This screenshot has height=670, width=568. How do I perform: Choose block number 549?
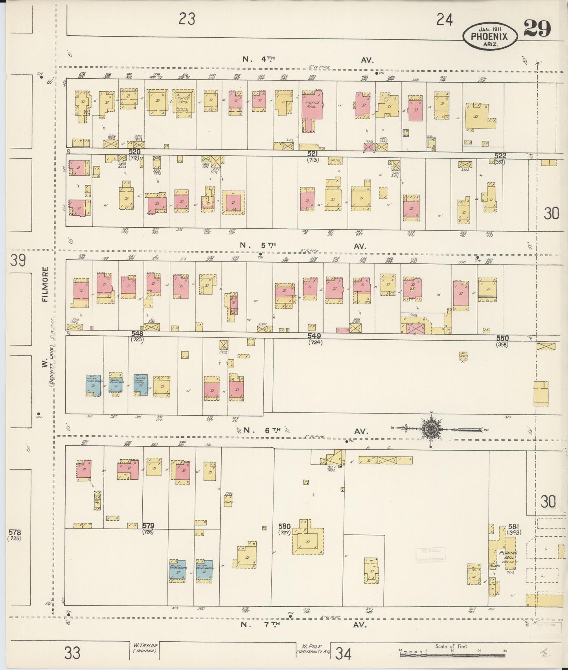point(314,336)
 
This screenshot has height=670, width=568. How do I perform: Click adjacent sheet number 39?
point(18,260)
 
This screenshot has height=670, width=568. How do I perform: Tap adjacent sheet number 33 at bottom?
point(73,653)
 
